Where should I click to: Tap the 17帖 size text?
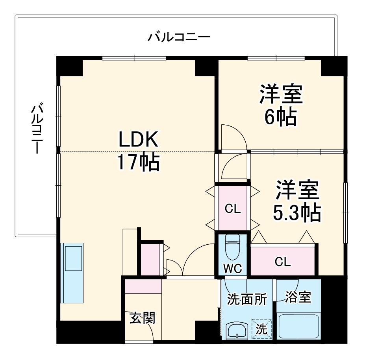tap(138, 162)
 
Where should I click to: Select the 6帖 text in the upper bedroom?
tap(280, 116)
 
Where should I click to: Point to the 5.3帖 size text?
tap(296, 213)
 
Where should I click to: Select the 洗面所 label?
tap(247, 299)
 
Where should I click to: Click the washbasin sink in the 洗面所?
tap(237, 330)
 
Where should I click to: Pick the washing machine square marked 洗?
tap(262, 329)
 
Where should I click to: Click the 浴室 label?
tap(298, 297)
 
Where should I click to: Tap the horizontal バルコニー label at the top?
tap(179, 38)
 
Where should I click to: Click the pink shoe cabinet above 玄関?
tap(143, 286)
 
